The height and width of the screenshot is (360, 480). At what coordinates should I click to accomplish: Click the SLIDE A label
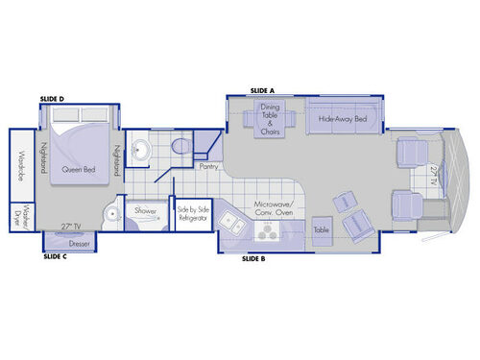pos(262,89)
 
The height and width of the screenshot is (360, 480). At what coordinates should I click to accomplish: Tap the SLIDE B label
pos(253,259)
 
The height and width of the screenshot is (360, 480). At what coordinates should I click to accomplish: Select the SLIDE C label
pos(54,257)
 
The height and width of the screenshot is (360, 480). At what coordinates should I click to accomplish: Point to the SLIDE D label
pos(53,99)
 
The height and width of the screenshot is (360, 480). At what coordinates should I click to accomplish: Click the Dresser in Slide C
pos(80,244)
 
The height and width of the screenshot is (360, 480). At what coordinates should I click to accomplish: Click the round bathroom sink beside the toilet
pos(142,150)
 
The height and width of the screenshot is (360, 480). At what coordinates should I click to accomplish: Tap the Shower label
pos(146,210)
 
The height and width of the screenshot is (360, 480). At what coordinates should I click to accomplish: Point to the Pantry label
pos(208,166)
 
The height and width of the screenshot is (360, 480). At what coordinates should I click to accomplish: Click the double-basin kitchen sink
pos(230,223)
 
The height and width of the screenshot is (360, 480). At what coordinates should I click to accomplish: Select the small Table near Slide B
pos(321,230)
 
